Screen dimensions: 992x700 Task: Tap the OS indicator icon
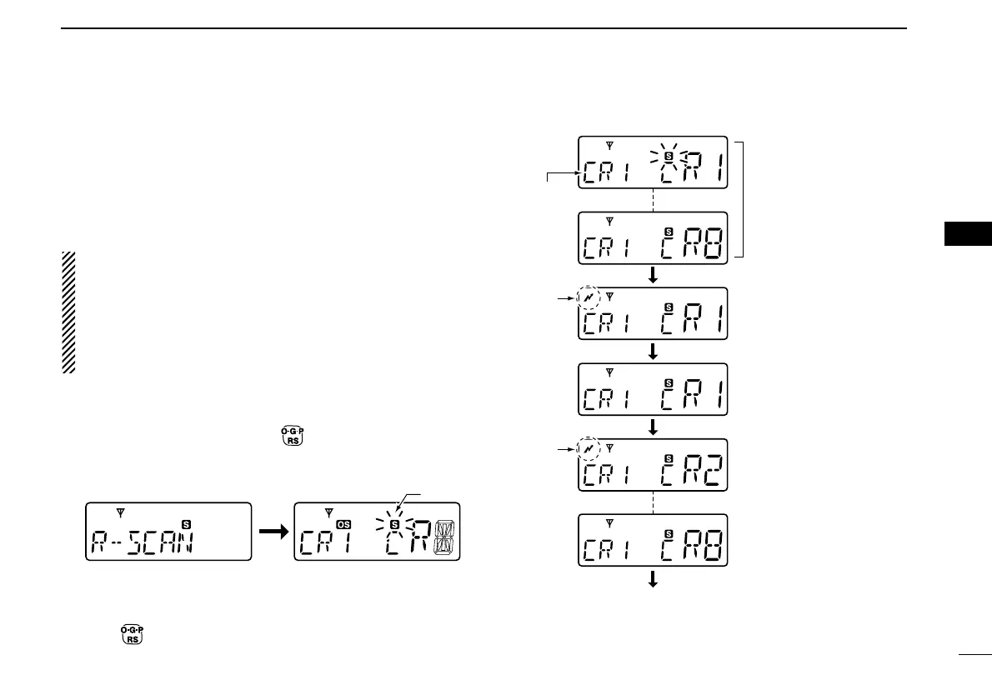pyautogui.click(x=344, y=523)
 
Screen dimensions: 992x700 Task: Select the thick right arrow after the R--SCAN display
pyautogui.click(x=272, y=531)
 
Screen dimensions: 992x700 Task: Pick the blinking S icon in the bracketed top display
pyautogui.click(x=669, y=155)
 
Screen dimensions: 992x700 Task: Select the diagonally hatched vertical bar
pyautogui.click(x=68, y=312)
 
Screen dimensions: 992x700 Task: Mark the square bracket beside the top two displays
pyautogui.click(x=749, y=199)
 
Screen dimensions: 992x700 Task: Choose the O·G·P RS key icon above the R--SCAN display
pyautogui.click(x=291, y=436)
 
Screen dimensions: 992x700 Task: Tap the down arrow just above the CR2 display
pyautogui.click(x=653, y=427)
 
